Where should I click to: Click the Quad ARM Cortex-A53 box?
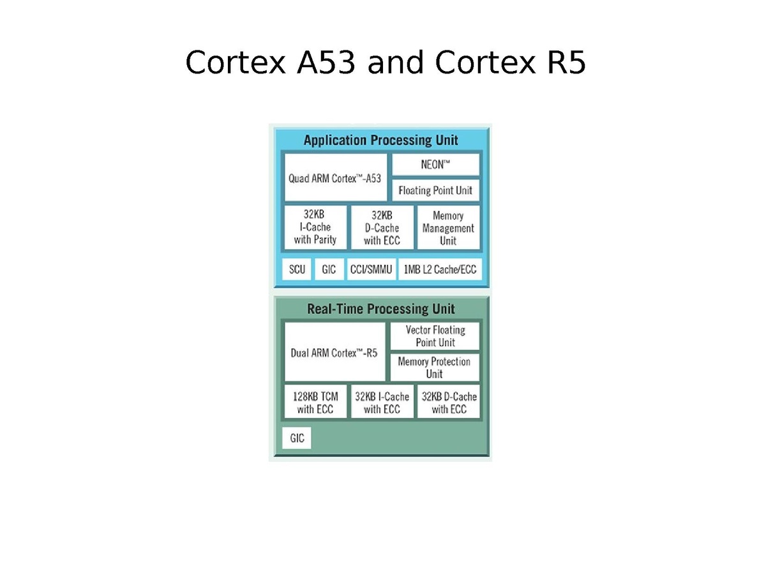(x=335, y=178)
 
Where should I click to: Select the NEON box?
(x=435, y=164)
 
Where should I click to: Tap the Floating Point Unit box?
(x=435, y=190)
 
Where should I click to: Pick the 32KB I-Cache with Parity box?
(x=315, y=227)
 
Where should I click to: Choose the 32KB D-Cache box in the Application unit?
(x=382, y=227)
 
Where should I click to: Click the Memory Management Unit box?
(x=448, y=227)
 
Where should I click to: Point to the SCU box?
(x=296, y=269)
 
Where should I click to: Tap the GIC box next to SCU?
(x=329, y=269)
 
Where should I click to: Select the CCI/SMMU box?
(x=371, y=269)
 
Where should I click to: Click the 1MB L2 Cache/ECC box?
(x=440, y=269)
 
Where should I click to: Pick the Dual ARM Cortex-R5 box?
(x=334, y=351)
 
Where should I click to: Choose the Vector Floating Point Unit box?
(x=435, y=336)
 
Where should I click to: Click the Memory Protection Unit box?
(x=435, y=367)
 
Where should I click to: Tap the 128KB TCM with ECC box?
(x=315, y=401)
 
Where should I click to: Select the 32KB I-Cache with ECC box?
(x=382, y=401)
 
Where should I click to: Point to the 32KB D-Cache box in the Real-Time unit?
(x=448, y=401)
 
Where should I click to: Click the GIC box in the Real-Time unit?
(x=296, y=438)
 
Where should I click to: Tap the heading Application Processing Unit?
(x=380, y=141)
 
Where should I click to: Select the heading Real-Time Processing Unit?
(x=380, y=309)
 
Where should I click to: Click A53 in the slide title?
(x=326, y=62)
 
